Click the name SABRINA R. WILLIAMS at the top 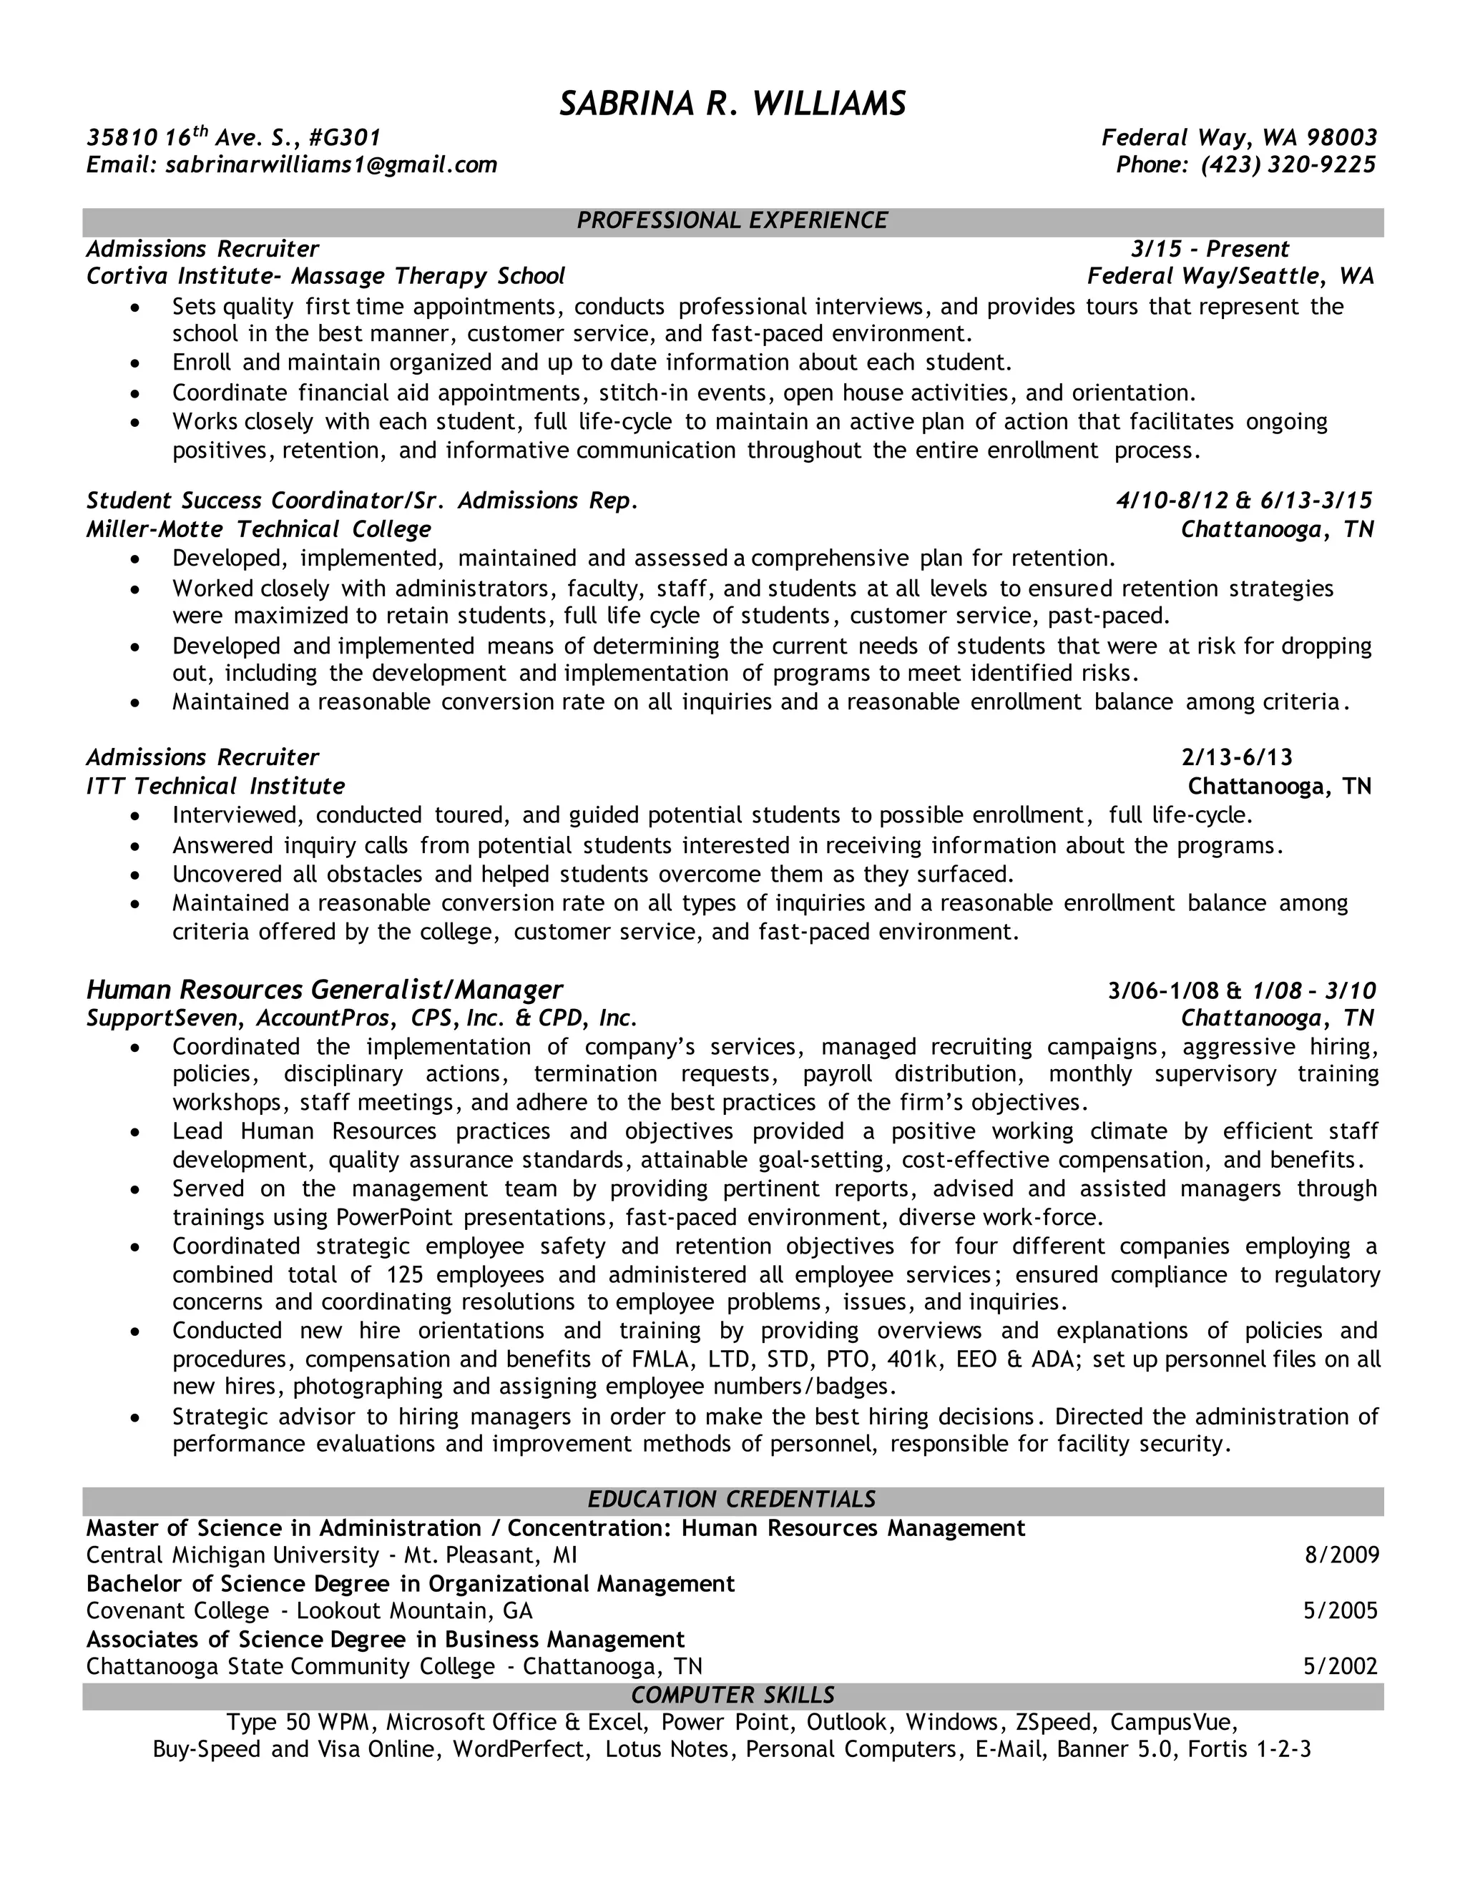pos(732,104)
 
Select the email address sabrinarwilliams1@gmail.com pos(330,165)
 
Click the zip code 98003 pos(1342,138)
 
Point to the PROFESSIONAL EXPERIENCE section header pos(732,220)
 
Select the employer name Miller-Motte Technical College pos(259,529)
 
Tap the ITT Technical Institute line pos(215,786)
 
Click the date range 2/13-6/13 pos(1237,757)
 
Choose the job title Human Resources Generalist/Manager pos(325,989)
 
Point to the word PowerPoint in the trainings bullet pos(391,1217)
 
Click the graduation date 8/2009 pos(1342,1554)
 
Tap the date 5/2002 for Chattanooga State pos(1341,1666)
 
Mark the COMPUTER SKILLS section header pos(732,1695)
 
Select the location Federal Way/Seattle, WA pos(1230,277)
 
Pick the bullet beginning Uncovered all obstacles pos(593,874)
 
